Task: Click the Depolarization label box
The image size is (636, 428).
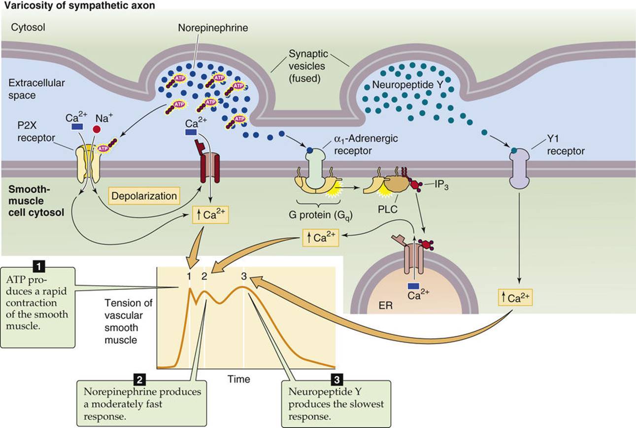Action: (x=144, y=196)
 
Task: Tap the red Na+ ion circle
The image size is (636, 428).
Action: (x=97, y=130)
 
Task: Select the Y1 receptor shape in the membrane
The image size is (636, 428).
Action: (x=519, y=169)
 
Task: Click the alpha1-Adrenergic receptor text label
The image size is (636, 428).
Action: (x=366, y=144)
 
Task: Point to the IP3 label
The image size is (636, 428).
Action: (x=441, y=185)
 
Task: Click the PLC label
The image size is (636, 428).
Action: (x=388, y=210)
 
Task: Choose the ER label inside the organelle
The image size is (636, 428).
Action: (x=386, y=306)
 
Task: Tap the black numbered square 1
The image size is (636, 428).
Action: (x=39, y=266)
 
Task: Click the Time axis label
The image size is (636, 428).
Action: (x=239, y=379)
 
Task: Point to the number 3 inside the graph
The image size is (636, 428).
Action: (x=243, y=276)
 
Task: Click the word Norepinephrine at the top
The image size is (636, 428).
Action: (x=213, y=28)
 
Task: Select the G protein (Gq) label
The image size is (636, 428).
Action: (x=321, y=215)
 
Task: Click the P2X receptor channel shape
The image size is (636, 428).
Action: (x=88, y=165)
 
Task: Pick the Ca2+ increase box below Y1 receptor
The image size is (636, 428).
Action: (x=515, y=297)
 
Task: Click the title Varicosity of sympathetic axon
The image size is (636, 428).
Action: (x=80, y=5)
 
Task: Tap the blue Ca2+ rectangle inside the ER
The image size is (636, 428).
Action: (x=413, y=286)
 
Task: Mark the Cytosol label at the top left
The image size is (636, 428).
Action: (x=28, y=27)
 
